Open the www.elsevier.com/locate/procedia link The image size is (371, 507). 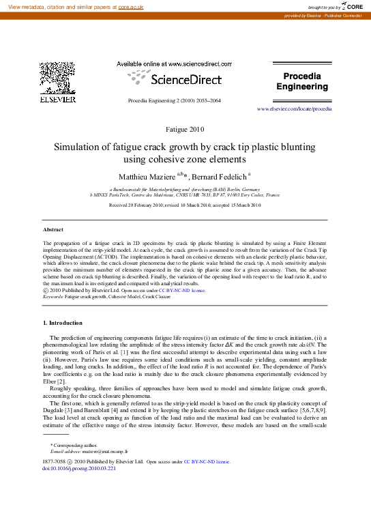coord(294,109)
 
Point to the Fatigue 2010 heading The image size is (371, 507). coord(185,129)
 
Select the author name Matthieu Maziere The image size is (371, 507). coord(147,177)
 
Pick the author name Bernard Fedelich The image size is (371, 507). coord(220,177)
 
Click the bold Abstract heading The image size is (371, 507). coord(53,230)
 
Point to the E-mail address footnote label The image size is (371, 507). coord(66,451)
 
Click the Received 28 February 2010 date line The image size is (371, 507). coord(185,205)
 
